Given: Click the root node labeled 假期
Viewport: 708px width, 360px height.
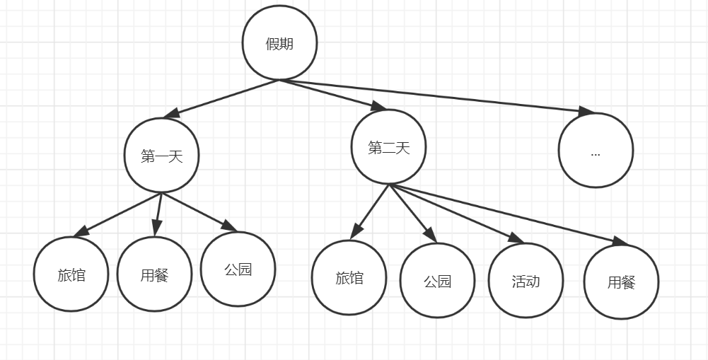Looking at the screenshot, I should coord(279,44).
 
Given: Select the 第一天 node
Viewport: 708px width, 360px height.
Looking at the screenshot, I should coord(162,156).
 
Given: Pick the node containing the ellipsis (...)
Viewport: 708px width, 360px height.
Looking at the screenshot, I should coord(596,151).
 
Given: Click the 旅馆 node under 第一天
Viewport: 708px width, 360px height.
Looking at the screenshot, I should coord(71,274).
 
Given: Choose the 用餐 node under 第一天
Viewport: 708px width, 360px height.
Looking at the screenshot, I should coord(154,274).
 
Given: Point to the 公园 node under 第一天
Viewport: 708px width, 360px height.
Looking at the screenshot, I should coord(238,269).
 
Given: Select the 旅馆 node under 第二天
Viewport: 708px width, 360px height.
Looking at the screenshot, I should coord(349,277).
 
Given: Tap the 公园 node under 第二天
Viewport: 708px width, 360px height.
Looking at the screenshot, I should coord(438,281).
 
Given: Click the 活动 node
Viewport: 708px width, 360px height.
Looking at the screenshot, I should coord(526,281).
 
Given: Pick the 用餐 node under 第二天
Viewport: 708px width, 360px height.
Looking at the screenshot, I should coord(622,282).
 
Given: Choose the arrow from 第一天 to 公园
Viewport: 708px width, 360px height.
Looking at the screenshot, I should coord(199,211).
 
